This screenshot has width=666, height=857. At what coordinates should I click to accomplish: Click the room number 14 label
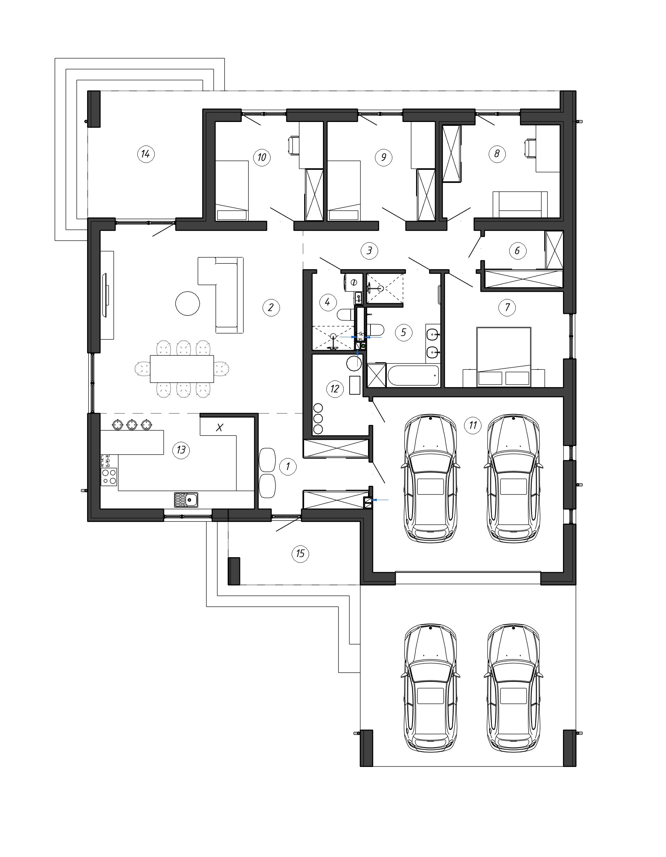pyautogui.click(x=146, y=154)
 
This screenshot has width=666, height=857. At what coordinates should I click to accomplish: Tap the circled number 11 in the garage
pyautogui.click(x=472, y=425)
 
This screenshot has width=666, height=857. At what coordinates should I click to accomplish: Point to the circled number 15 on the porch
pyautogui.click(x=300, y=554)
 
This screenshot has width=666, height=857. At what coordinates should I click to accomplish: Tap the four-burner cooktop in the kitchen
pyautogui.click(x=109, y=477)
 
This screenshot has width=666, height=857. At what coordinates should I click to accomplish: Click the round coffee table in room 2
pyautogui.click(x=187, y=303)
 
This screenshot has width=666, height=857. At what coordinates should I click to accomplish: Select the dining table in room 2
pyautogui.click(x=182, y=369)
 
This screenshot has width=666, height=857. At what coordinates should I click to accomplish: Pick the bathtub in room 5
pyautogui.click(x=413, y=376)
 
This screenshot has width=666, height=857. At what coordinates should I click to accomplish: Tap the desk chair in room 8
pyautogui.click(x=530, y=148)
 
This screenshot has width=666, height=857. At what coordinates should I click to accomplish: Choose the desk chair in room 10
pyautogui.click(x=294, y=145)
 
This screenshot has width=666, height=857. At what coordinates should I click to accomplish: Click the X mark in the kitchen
pyautogui.click(x=220, y=427)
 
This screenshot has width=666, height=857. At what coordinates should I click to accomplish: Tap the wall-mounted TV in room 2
pyautogui.click(x=106, y=296)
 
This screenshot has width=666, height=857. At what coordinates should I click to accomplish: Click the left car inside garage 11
pyautogui.click(x=430, y=478)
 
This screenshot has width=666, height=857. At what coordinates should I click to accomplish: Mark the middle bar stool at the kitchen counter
pyautogui.click(x=131, y=424)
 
